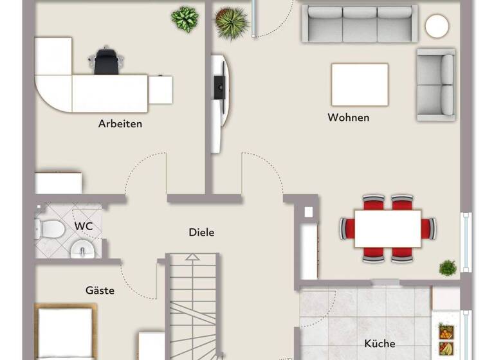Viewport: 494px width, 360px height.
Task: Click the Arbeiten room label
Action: pyautogui.click(x=120, y=123)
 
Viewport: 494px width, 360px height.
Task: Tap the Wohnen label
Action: pyautogui.click(x=349, y=118)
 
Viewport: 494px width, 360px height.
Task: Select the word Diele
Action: pyautogui.click(x=201, y=233)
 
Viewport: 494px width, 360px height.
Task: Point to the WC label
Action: pyautogui.click(x=83, y=226)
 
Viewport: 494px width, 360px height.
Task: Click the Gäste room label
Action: pyautogui.click(x=100, y=291)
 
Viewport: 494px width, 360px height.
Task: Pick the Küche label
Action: pyautogui.click(x=380, y=343)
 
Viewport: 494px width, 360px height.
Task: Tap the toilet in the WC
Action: pyautogui.click(x=49, y=227)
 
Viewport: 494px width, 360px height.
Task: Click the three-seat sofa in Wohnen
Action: pyautogui.click(x=360, y=24)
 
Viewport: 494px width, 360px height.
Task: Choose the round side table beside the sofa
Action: pyautogui.click(x=437, y=26)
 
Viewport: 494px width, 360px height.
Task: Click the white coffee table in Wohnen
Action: pyautogui.click(x=360, y=84)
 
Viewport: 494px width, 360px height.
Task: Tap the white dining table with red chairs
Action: pyautogui.click(x=388, y=228)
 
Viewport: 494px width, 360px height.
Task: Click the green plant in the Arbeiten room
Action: pyautogui.click(x=185, y=19)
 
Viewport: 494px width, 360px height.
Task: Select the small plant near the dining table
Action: pyautogui.click(x=448, y=267)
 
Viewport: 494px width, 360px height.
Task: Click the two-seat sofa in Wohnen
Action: pyautogui.click(x=435, y=84)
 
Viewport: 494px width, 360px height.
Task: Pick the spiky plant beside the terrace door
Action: pyautogui.click(x=231, y=22)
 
